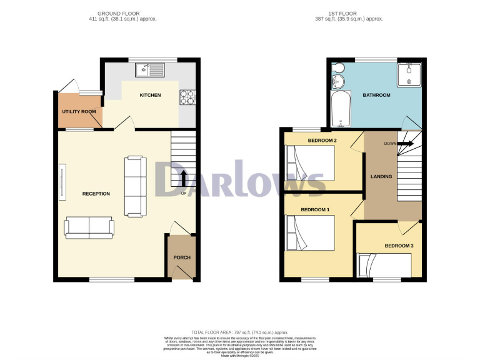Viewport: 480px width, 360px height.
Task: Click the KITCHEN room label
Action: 150,95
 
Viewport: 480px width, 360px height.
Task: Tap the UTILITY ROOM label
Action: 79,111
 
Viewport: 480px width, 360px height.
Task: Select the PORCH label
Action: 182,257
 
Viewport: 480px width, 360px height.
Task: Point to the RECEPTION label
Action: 96,194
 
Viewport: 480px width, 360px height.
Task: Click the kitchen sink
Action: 149,69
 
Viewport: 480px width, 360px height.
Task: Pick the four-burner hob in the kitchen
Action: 187,96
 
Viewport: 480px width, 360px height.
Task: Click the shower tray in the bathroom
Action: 409,75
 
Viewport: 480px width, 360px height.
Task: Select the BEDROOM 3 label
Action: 399,246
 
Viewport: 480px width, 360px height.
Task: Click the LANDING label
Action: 381,176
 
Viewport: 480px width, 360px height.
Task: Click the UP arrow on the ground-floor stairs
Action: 184,177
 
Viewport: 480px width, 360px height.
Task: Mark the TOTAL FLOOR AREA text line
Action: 240,331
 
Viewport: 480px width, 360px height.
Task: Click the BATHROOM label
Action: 376,95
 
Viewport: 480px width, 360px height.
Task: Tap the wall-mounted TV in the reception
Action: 62,182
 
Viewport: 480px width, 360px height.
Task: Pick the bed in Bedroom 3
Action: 384,265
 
